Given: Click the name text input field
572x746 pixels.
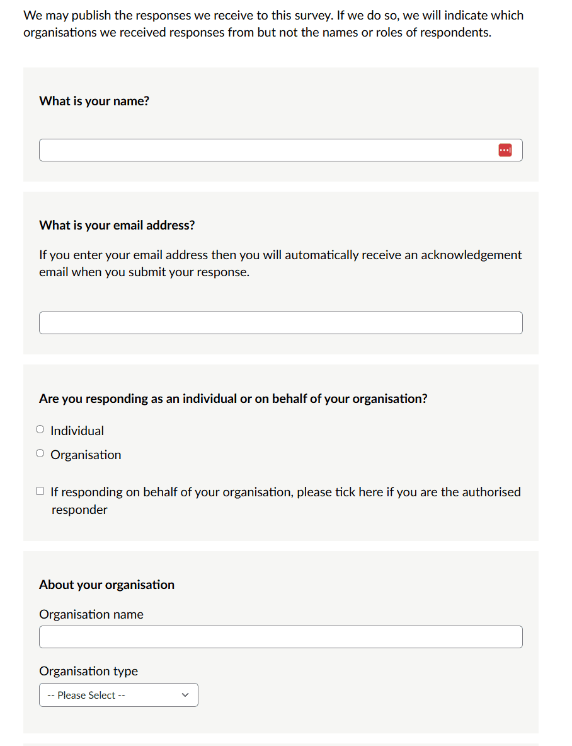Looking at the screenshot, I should [265, 150].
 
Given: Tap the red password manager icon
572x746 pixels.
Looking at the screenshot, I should [505, 150].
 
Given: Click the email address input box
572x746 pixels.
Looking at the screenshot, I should [280, 323].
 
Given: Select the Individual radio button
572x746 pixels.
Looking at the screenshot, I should [40, 430].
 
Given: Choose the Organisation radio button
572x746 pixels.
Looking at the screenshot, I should [40, 454].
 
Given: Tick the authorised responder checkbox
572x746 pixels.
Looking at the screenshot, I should [40, 491].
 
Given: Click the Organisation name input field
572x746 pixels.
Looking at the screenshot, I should [280, 637].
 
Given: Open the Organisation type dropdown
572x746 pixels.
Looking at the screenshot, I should [118, 695].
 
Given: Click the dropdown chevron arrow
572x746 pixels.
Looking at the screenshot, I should [185, 695].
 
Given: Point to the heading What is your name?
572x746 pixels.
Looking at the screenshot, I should [94, 101].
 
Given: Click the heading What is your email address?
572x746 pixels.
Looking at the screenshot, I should [117, 225].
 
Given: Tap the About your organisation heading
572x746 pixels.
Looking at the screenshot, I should [106, 585].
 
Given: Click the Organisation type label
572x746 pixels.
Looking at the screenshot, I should [88, 671].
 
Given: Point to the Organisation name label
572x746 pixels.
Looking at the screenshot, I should [91, 614].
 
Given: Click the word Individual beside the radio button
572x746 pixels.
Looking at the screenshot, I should [77, 431].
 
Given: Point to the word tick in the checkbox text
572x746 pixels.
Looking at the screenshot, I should [345, 492].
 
